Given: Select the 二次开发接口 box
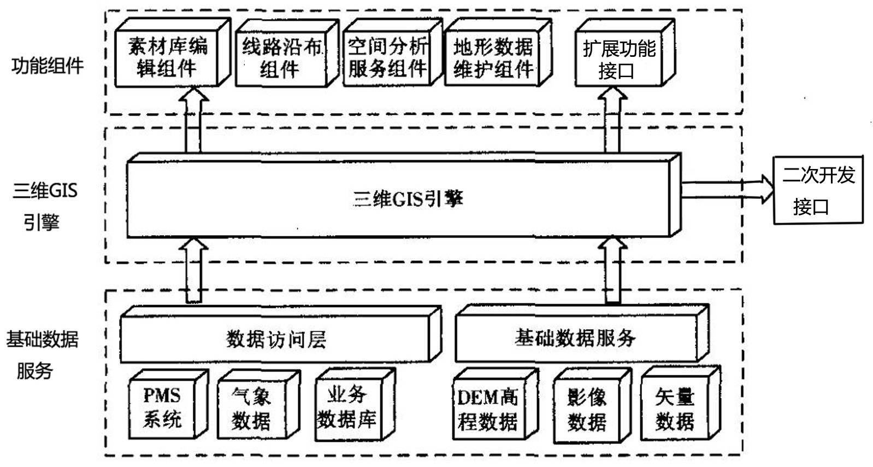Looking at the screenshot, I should [x=818, y=190].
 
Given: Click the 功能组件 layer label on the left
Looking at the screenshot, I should [x=48, y=66].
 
